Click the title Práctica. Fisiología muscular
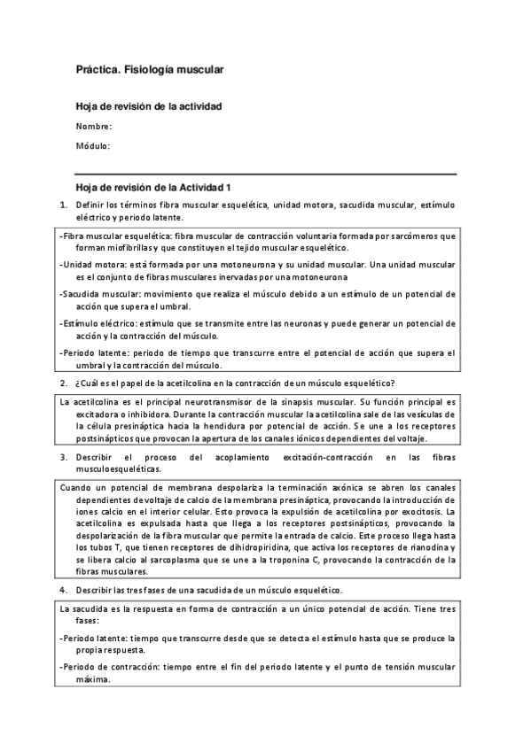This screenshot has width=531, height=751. click(149, 68)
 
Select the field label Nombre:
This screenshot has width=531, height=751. click(94, 127)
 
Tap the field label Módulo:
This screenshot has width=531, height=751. click(93, 145)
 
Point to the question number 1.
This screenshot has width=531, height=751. click(64, 205)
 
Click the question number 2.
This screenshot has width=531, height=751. click(64, 383)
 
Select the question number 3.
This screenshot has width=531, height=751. click(64, 457)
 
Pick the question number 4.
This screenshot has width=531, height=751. click(64, 590)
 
